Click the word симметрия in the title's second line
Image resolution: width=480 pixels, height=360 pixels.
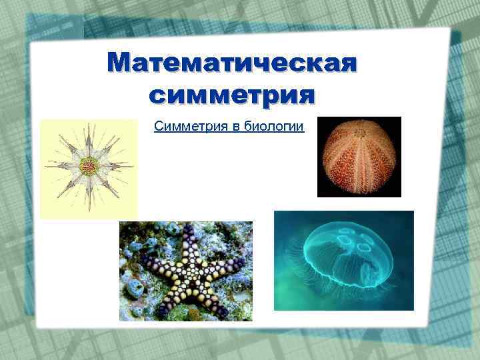click(x=231, y=95)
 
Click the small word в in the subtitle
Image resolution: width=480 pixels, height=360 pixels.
click(x=232, y=127)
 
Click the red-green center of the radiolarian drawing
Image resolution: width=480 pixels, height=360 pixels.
click(x=88, y=165)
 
